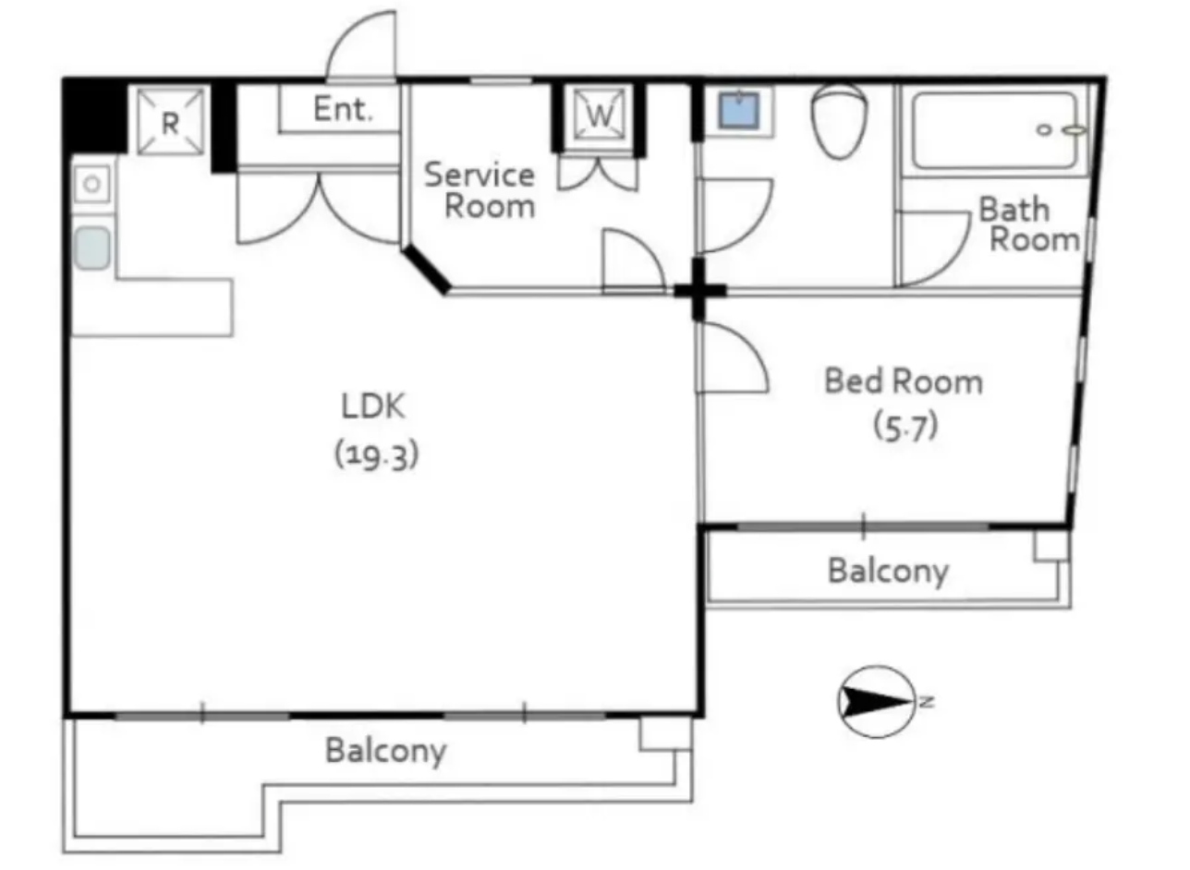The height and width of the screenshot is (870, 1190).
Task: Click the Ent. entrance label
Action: (343, 109)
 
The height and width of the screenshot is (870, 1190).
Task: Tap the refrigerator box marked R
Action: (170, 122)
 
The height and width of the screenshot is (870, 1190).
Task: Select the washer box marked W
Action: (599, 115)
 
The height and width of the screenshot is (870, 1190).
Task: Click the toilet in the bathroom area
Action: (839, 121)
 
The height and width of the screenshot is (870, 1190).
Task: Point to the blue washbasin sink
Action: (738, 111)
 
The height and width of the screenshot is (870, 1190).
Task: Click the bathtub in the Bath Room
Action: (994, 130)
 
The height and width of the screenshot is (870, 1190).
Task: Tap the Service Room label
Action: (480, 190)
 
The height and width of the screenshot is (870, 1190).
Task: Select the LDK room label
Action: (373, 406)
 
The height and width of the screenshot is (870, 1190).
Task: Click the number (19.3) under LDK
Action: (376, 455)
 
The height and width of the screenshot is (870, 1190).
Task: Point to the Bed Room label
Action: (904, 381)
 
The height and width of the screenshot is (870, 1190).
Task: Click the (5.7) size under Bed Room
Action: (905, 427)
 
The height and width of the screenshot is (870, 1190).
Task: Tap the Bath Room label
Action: (1028, 224)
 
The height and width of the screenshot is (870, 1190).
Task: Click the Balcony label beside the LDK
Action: (385, 752)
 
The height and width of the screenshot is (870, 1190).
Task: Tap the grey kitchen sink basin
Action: (92, 248)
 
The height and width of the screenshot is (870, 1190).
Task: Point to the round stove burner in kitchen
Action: (91, 185)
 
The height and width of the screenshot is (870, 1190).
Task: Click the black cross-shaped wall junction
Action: (699, 290)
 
